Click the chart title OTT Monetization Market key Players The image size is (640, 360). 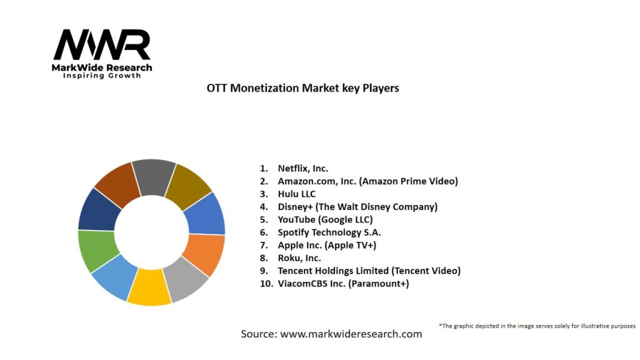click(302, 88)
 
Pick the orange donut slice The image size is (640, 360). click(204, 254)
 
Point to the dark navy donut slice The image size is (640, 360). click(98, 208)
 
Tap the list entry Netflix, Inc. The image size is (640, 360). click(302, 168)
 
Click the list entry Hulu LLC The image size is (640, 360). click(296, 194)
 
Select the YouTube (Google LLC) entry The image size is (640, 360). click(325, 219)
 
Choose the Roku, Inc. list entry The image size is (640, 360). click(299, 258)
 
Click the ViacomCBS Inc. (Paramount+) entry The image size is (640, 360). click(343, 284)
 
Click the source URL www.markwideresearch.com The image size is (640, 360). click(351, 334)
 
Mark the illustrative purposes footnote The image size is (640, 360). click(537, 326)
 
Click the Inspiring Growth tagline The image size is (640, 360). click(102, 76)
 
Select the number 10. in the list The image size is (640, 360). click(266, 284)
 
